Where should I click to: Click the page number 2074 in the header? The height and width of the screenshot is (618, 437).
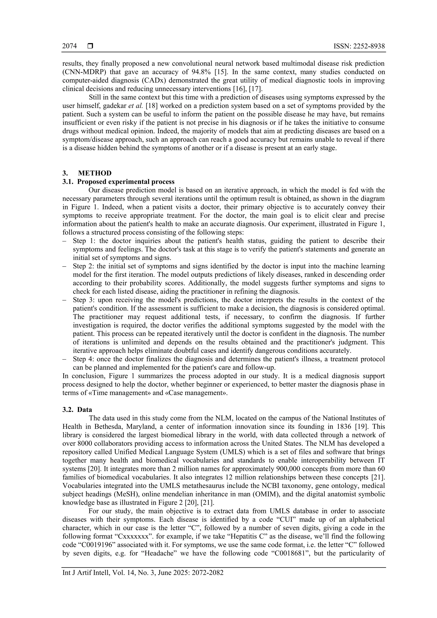(x=69, y=46)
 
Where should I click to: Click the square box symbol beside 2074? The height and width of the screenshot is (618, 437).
(x=90, y=46)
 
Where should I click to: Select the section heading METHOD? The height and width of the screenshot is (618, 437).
(x=95, y=173)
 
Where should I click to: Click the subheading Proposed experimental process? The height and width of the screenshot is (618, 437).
(x=126, y=182)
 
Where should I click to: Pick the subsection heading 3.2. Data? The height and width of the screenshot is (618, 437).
(x=77, y=410)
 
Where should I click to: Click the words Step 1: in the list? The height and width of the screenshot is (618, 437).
(x=83, y=241)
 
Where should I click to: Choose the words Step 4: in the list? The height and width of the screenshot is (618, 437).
(x=83, y=359)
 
